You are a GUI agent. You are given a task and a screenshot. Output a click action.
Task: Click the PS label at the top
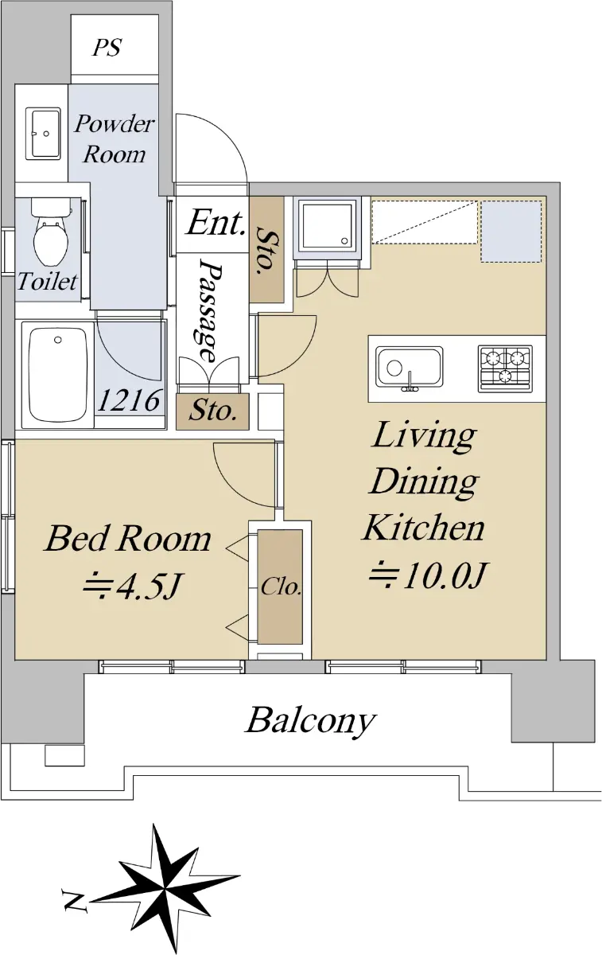click(107, 47)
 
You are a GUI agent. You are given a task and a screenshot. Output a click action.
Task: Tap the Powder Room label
click(115, 139)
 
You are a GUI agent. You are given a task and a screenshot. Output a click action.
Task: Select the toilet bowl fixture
click(51, 232)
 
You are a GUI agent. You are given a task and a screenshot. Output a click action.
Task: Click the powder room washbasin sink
click(43, 134)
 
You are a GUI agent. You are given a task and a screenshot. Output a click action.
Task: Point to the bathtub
click(57, 375)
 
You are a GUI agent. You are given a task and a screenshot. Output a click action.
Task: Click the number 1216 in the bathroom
click(130, 401)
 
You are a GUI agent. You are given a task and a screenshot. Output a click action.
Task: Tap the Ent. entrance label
click(216, 223)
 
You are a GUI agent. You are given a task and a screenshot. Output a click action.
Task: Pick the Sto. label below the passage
click(212, 411)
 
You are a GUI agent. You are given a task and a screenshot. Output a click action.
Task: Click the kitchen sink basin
click(410, 368)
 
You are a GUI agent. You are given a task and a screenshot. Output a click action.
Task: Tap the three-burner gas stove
click(505, 368)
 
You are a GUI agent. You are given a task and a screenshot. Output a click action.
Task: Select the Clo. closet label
click(282, 587)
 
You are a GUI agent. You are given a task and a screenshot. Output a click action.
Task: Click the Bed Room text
click(128, 540)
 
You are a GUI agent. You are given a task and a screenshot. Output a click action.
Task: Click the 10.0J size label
click(427, 575)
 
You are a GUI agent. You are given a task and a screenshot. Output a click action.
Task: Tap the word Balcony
click(311, 850)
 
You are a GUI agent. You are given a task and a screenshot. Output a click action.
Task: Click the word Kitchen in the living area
click(424, 528)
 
